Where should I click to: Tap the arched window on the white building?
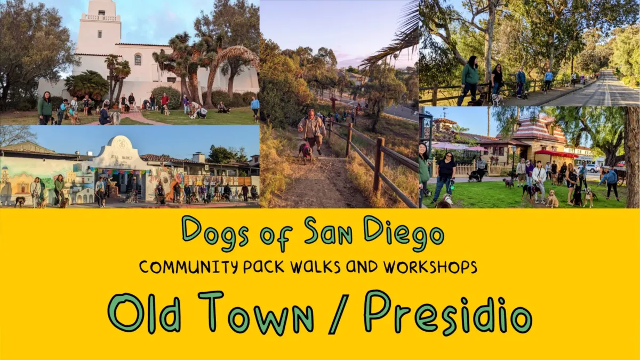[138, 59]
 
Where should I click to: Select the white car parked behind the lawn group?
[593, 168]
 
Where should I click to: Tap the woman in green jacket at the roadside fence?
[470, 78]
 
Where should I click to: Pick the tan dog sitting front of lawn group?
[551, 199]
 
